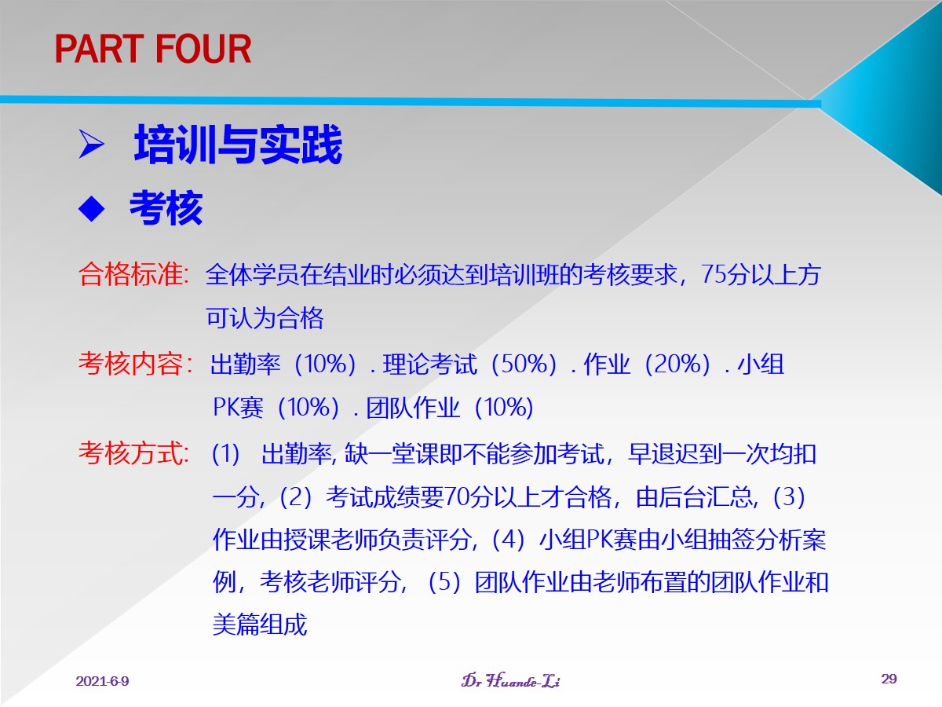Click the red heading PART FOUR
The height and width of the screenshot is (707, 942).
153,49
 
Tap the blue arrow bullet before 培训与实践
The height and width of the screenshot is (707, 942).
91,144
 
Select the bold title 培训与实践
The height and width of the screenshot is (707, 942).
238,145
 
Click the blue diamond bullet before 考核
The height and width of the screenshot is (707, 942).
91,209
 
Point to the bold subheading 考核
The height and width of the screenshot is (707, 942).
166,208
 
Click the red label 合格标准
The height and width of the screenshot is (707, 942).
133,274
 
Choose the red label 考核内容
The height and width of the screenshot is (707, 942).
135,364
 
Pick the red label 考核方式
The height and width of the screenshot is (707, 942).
133,453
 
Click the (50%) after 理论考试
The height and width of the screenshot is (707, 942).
524,364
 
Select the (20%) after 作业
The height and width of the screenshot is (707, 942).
677,364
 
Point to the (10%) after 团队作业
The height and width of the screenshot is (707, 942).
504,407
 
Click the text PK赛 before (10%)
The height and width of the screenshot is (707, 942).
238,407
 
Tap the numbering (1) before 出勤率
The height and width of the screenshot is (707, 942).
226,454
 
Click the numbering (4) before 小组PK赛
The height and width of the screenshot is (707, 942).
508,539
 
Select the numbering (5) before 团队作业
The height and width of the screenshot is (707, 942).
444,582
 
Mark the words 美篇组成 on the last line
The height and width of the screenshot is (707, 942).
260,625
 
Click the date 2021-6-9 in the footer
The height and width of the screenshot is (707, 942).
102,681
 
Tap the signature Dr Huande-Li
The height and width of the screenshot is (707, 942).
511,680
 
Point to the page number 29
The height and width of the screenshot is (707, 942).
889,679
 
